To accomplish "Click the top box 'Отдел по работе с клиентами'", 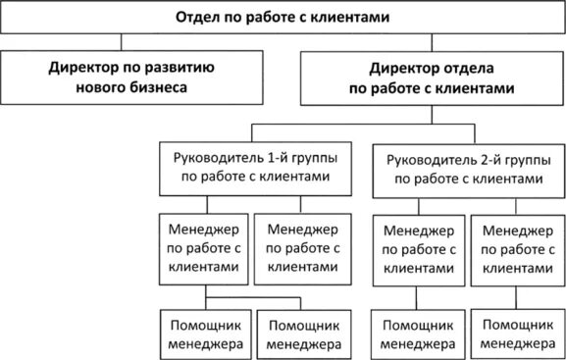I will [x=283, y=18].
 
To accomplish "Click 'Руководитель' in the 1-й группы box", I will [x=216, y=157].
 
